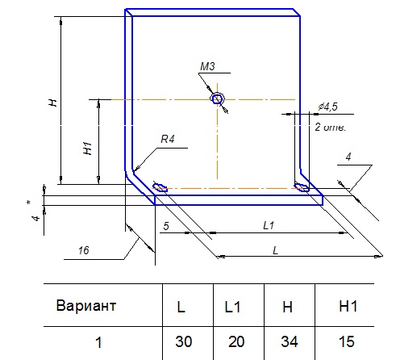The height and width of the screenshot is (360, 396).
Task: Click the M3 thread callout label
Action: point(207,66)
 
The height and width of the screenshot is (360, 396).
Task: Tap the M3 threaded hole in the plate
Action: point(217,99)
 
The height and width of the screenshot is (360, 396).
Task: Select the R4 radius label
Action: point(168,139)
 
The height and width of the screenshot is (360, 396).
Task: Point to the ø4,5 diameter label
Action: point(327,107)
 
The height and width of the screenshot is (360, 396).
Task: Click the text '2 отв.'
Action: point(330,127)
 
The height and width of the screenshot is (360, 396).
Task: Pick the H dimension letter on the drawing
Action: point(52,103)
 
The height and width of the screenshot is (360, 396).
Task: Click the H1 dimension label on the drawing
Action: point(87,149)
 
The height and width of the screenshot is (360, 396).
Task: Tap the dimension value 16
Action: point(84,250)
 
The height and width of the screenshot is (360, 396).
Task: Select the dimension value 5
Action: point(166,226)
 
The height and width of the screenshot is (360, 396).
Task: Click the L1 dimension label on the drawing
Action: point(269,225)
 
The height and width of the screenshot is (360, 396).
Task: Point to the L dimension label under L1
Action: point(275,251)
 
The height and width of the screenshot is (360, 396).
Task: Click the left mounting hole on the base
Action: point(160,187)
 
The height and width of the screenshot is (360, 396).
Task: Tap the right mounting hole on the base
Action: point(302,187)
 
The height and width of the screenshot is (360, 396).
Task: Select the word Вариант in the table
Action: point(86,306)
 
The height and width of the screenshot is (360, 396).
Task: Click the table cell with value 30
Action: point(184,341)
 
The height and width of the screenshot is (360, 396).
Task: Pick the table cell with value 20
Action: point(236,341)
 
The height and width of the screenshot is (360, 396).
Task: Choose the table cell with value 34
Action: point(290,341)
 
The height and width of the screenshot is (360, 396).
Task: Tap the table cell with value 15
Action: point(346,341)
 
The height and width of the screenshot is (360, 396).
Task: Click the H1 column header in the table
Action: point(348,306)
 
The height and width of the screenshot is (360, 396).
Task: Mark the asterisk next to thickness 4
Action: point(29,203)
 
